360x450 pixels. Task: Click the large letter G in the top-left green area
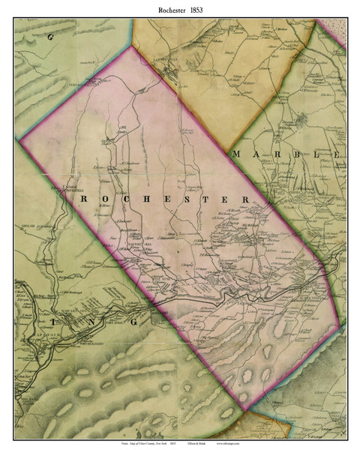tap(50, 35)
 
